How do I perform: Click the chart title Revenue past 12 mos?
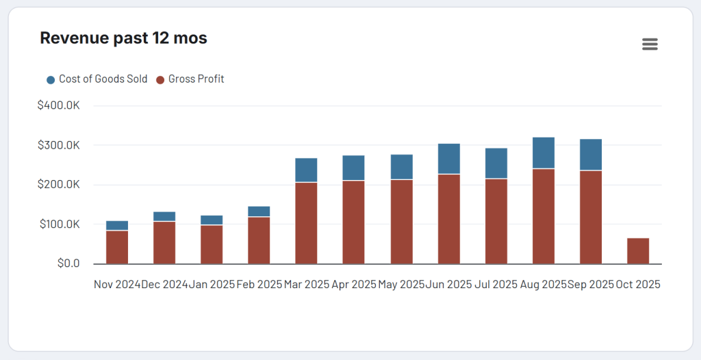[123, 38]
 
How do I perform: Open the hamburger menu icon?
[650, 44]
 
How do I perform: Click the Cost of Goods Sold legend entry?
[97, 79]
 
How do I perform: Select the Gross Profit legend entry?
[190, 79]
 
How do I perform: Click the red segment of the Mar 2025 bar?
[306, 223]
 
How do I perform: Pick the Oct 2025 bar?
[638, 251]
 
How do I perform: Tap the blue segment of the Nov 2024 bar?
[117, 225]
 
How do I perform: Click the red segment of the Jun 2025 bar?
[449, 219]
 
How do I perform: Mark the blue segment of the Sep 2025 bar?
[591, 155]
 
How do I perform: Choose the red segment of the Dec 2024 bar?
[164, 243]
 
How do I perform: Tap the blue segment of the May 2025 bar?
[402, 167]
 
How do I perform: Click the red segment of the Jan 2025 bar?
[212, 244]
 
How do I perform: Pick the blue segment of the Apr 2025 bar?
[353, 168]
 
